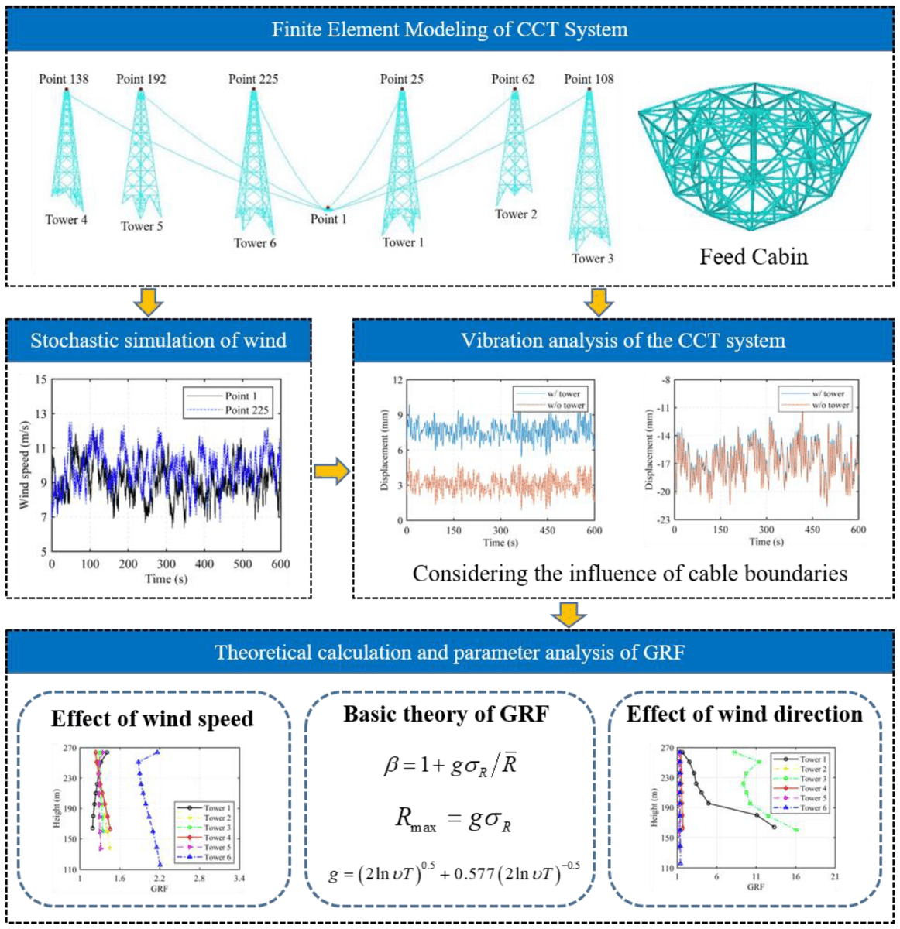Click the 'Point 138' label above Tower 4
(x=64, y=79)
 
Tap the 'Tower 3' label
(x=593, y=259)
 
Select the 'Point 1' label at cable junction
(x=328, y=219)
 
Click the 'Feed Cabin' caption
(x=753, y=257)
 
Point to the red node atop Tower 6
(x=253, y=90)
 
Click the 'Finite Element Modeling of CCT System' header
(x=449, y=30)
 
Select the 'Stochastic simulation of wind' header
(x=158, y=341)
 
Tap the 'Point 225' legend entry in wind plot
(x=246, y=410)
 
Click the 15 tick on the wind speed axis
(x=40, y=379)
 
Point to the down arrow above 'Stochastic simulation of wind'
(x=148, y=303)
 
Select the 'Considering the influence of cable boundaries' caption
(x=629, y=574)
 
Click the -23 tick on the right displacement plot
(x=664, y=520)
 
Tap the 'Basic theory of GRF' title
(x=446, y=714)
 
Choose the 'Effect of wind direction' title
(x=744, y=714)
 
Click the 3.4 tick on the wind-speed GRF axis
(x=239, y=879)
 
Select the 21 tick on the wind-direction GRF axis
(x=834, y=877)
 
